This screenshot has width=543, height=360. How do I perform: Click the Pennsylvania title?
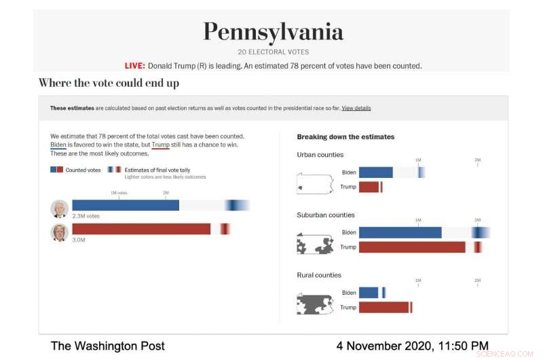pyautogui.click(x=272, y=32)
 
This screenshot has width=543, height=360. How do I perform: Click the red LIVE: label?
pyautogui.click(x=134, y=66)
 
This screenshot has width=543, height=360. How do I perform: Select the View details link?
pyautogui.click(x=356, y=108)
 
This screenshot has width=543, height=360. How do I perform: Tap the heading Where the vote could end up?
pyautogui.click(x=109, y=83)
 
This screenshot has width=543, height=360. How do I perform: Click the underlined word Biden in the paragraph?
pyautogui.click(x=58, y=145)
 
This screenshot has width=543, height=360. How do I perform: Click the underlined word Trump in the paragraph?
pyautogui.click(x=161, y=145)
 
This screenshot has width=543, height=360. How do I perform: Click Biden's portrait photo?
pyautogui.click(x=59, y=209)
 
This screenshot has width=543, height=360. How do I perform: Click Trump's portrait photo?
pyautogui.click(x=59, y=232)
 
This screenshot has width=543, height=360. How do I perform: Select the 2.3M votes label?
pyautogui.click(x=86, y=216)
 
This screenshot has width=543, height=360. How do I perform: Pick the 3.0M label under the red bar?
pyautogui.click(x=79, y=240)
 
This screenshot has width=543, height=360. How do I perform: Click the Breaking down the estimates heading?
pyautogui.click(x=345, y=137)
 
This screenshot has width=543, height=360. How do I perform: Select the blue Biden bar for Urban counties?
pyautogui.click(x=375, y=173)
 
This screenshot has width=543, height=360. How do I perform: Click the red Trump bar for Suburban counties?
pyautogui.click(x=411, y=247)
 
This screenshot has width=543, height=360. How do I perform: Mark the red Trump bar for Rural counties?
pyautogui.click(x=383, y=307)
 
